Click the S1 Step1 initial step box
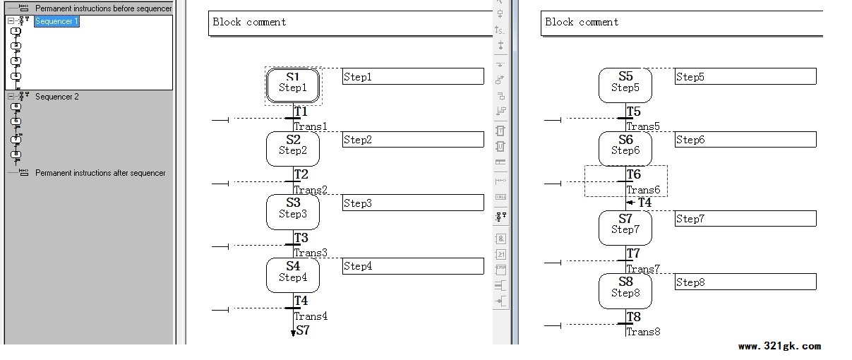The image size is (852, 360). pos(293,85)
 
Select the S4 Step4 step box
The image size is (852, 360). pos(293,275)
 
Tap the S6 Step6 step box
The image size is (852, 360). pos(625,149)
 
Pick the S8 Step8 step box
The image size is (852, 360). pos(625,291)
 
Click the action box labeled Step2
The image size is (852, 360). pos(413,140)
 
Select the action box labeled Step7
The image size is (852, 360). pos(745,219)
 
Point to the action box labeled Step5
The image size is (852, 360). pos(745,76)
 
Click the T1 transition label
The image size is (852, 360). pos(301,112)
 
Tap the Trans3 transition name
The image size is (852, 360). pos(311,253)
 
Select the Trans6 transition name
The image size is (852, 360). pos(643,189)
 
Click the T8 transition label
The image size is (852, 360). pos(634,317)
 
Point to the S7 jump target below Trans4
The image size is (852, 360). pos(303,330)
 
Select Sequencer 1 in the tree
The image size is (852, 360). pos(56,21)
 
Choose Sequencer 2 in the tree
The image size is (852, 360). pos(57,97)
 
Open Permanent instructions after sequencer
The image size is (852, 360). pos(100,173)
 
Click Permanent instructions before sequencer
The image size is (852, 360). pos(104,8)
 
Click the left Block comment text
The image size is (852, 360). pos(249,22)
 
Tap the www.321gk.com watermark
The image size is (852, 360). pos(779,347)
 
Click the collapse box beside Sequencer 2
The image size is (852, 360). pos(11,97)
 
